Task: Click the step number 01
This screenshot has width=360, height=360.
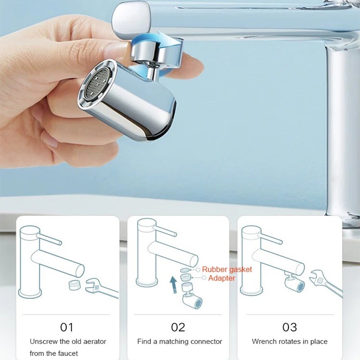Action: [x=67, y=327]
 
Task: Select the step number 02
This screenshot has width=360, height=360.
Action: [x=178, y=327]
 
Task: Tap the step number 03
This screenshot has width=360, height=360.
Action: [x=289, y=327]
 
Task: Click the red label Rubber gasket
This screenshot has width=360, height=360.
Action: [x=227, y=269]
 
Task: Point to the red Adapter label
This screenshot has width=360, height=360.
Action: [x=221, y=278]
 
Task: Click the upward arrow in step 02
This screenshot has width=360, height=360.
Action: [x=174, y=285]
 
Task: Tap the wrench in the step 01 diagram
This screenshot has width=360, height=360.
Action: [x=102, y=288]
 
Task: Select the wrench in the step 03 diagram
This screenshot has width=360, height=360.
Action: [x=326, y=283]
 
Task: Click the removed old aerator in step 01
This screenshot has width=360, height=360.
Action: [x=75, y=285]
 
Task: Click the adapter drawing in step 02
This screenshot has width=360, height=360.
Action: [x=185, y=277]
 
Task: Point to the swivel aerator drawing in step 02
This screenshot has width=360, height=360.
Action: [x=191, y=296]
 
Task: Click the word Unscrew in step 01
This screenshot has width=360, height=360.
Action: [x=43, y=342]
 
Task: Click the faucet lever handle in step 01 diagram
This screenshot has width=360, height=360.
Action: [x=49, y=239]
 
